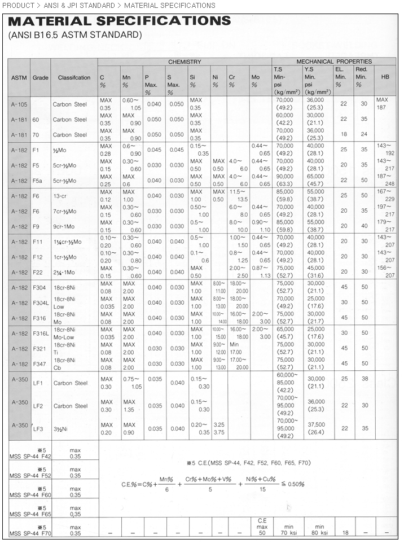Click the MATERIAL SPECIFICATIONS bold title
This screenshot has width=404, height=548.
(x=120, y=21)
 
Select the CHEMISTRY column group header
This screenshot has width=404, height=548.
(x=184, y=62)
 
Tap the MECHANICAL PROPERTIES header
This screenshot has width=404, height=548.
(x=334, y=62)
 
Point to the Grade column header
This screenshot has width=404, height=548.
(x=40, y=77)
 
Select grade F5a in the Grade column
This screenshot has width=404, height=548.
(x=38, y=181)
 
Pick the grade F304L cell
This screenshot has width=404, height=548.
(x=40, y=303)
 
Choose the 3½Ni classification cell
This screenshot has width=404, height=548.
(x=60, y=429)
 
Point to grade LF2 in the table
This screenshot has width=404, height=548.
(x=38, y=406)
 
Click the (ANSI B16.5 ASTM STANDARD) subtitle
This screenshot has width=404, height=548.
(x=74, y=35)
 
